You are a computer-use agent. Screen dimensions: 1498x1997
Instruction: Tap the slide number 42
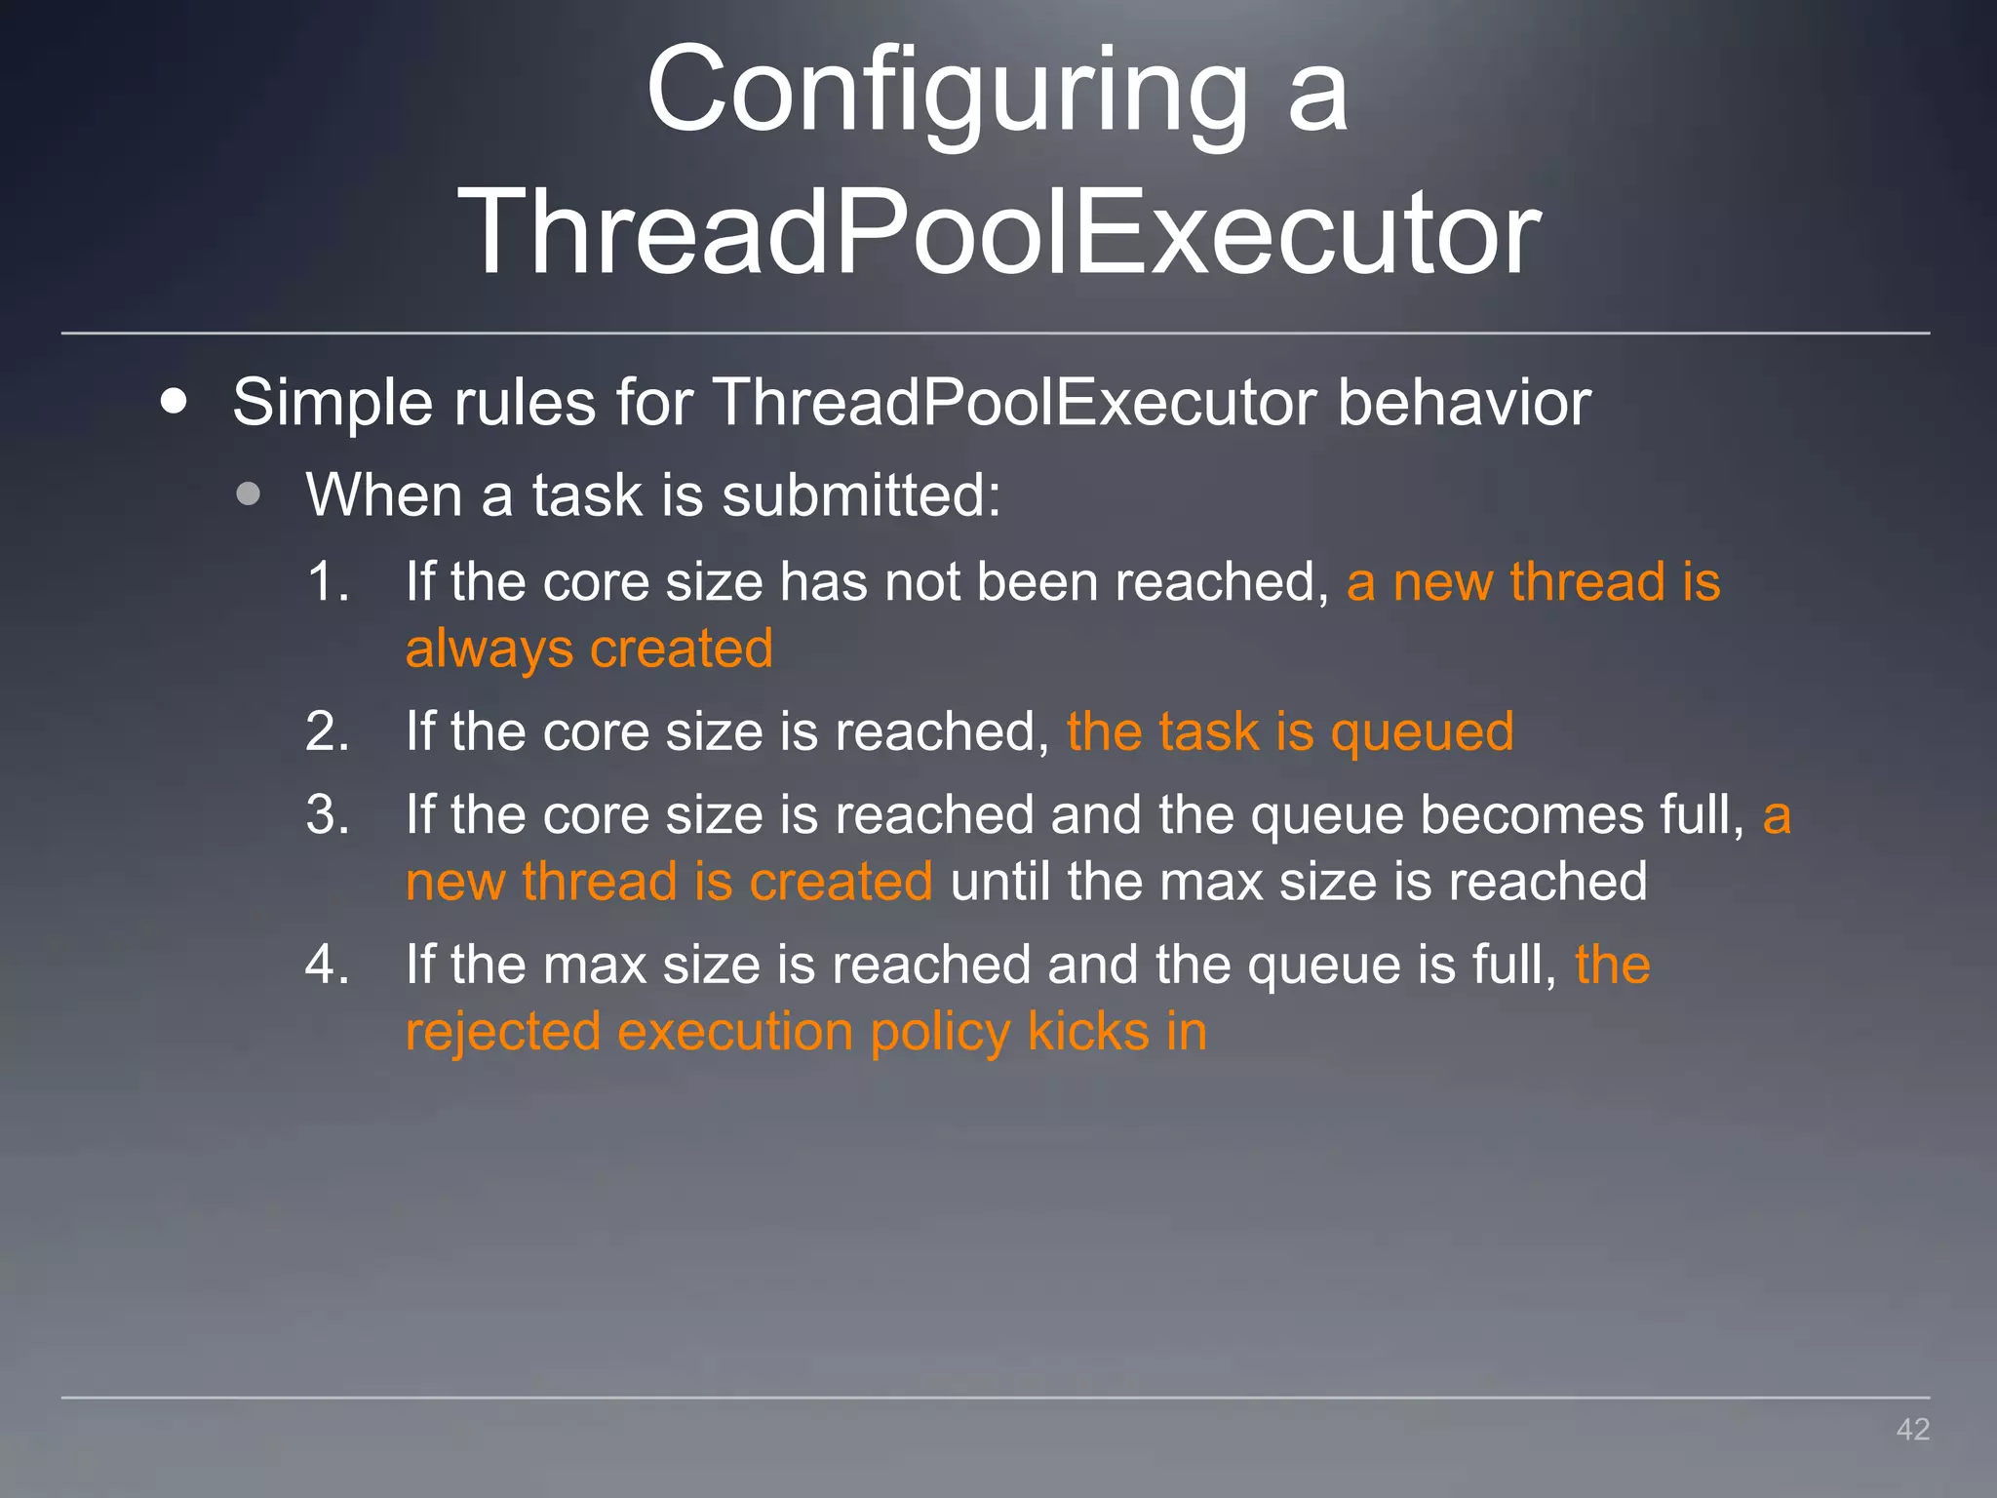[1912, 1429]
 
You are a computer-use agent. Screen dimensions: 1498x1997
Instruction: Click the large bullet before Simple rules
[174, 401]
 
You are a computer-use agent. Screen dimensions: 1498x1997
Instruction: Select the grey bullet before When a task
[249, 493]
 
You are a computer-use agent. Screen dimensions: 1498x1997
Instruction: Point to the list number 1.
[327, 582]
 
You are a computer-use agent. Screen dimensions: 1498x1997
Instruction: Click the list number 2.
[327, 731]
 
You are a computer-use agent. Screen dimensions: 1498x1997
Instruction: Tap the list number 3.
[327, 814]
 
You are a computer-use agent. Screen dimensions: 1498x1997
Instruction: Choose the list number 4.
[327, 965]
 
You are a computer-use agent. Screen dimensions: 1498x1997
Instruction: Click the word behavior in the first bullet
[1464, 401]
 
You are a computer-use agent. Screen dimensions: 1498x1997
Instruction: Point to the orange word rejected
[502, 1033]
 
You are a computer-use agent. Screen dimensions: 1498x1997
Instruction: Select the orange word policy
[940, 1033]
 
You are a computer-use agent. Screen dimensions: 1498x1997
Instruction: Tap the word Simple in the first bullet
[331, 402]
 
